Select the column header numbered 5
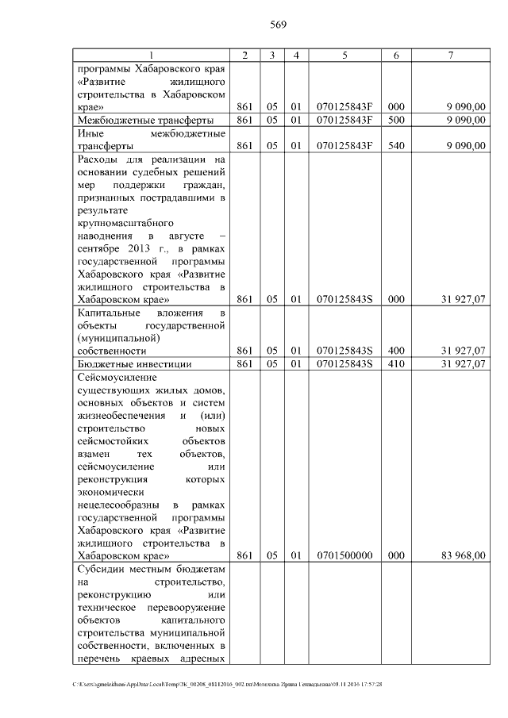coord(344,55)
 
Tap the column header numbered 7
coord(451,55)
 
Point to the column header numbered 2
coord(245,55)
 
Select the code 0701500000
coord(344,556)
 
